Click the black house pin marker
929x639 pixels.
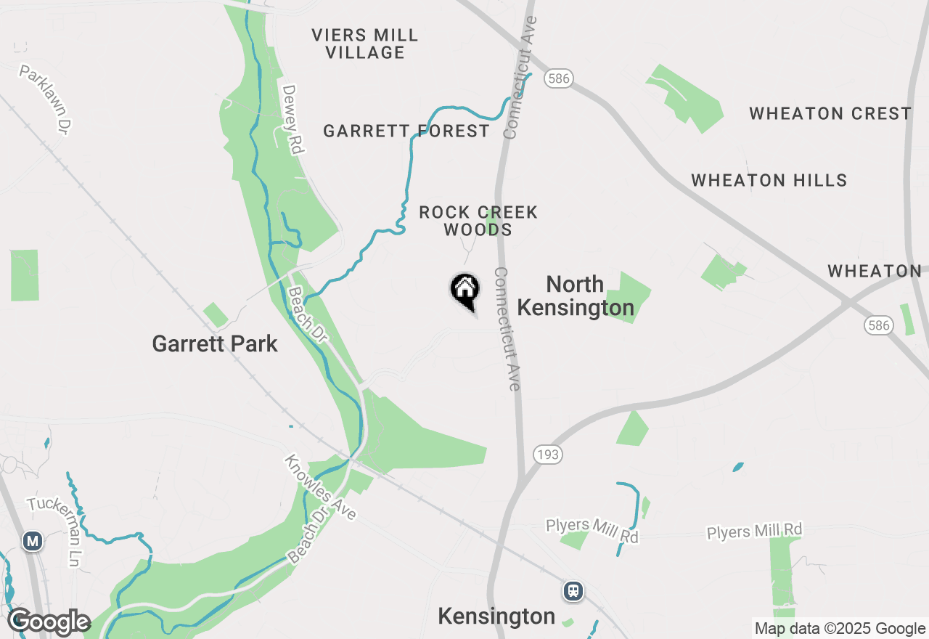pyautogui.click(x=464, y=290)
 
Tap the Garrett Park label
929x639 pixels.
pyautogui.click(x=215, y=343)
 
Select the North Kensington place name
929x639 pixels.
pyautogui.click(x=576, y=296)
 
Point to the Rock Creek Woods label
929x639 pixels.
pyautogui.click(x=478, y=221)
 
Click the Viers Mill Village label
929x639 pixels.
pyautogui.click(x=365, y=44)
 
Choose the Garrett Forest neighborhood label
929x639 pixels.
pyautogui.click(x=406, y=131)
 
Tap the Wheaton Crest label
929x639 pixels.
pyautogui.click(x=830, y=113)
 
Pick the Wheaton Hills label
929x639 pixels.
pyautogui.click(x=769, y=180)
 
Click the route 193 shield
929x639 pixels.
pyautogui.click(x=547, y=455)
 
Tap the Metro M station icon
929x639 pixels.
pyautogui.click(x=32, y=541)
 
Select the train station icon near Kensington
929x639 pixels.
pyautogui.click(x=573, y=591)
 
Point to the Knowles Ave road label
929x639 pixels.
pyautogui.click(x=320, y=488)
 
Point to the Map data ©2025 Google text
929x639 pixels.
pyautogui.click(x=840, y=629)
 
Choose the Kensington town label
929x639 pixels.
pyautogui.click(x=496, y=616)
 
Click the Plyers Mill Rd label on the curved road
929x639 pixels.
pyautogui.click(x=592, y=530)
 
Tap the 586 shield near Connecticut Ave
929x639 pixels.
pyautogui.click(x=558, y=78)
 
